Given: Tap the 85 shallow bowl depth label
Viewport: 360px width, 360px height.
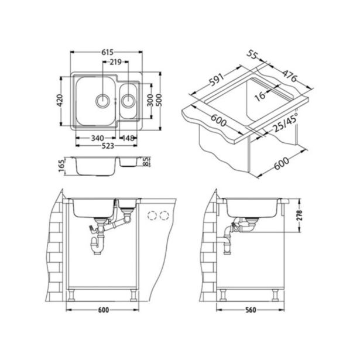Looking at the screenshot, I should [x=146, y=162].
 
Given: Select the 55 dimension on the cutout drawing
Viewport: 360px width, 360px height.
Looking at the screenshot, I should [x=253, y=55].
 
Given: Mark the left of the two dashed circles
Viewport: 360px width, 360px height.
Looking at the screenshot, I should [x=155, y=215].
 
